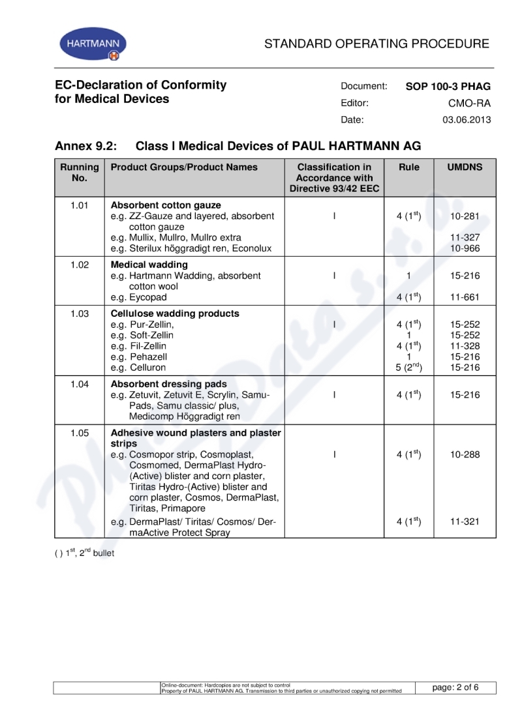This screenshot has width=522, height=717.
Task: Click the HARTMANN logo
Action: (93, 44)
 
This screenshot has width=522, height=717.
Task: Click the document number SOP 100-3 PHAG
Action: (448, 86)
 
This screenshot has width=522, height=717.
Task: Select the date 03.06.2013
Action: (467, 120)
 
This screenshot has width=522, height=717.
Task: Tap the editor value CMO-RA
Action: (469, 103)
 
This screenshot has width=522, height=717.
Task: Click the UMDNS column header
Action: (465, 168)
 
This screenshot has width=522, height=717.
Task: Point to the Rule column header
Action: (409, 168)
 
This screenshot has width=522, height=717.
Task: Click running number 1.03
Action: (80, 314)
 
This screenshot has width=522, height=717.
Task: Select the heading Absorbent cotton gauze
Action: (166, 205)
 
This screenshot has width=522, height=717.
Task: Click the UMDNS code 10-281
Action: (465, 216)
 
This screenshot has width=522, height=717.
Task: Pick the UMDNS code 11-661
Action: (465, 297)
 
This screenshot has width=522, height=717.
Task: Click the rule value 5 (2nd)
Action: (409, 368)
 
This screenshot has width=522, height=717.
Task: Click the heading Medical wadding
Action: (149, 265)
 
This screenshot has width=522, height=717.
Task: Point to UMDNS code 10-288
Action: (465, 454)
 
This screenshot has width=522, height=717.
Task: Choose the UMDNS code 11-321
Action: (465, 521)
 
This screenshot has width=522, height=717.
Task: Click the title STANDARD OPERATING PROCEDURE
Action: (376, 44)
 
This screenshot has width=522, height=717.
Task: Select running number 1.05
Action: (80, 433)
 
